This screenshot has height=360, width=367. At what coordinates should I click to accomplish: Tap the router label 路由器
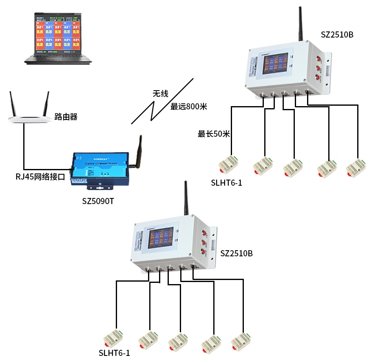[66, 117]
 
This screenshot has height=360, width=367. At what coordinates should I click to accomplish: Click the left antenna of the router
[13, 104]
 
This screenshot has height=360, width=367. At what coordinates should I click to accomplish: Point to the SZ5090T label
[98, 201]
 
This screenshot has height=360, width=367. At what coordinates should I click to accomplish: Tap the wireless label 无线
[160, 94]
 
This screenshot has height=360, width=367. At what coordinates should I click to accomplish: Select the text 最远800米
[189, 107]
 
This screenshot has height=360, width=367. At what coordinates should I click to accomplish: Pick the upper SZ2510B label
[337, 35]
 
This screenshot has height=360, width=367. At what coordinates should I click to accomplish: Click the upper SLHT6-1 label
[226, 183]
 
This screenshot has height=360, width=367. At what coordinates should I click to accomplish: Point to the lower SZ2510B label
[237, 253]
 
